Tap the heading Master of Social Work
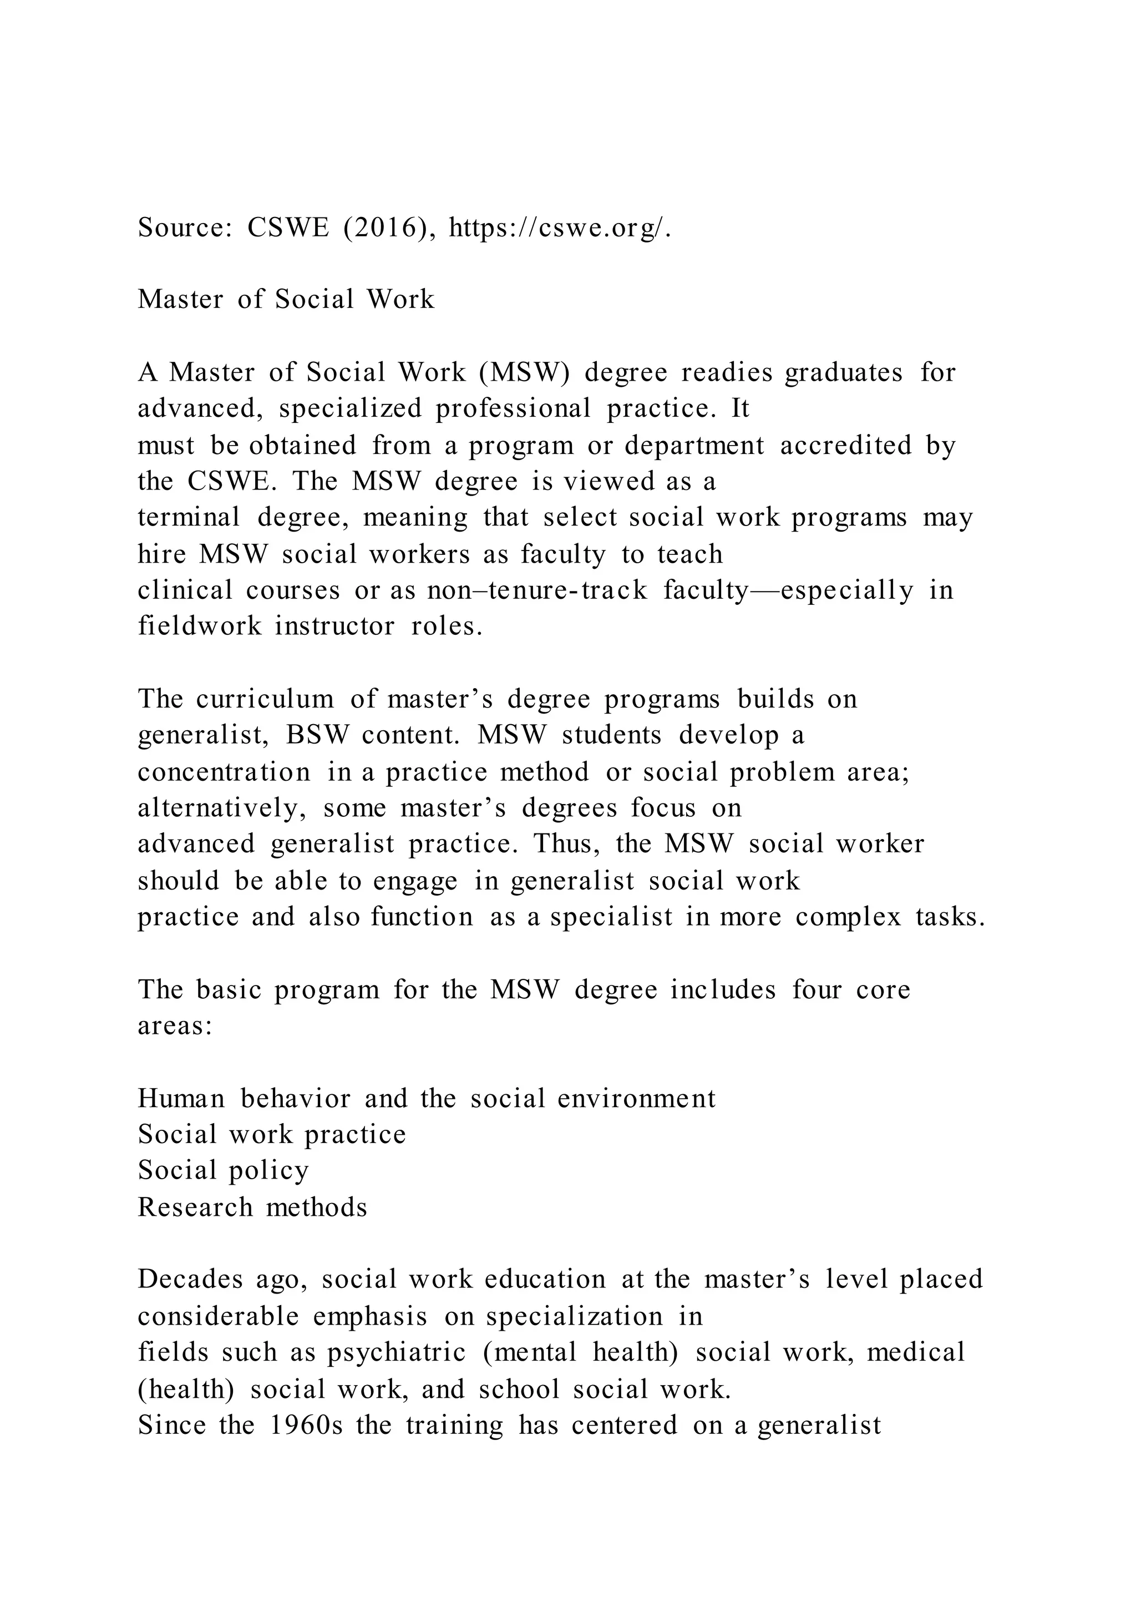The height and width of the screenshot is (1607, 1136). click(286, 300)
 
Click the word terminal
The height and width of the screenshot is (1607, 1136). click(189, 517)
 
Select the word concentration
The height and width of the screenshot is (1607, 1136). click(224, 771)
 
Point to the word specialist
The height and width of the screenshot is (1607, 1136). click(611, 916)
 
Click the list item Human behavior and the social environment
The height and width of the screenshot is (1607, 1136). click(426, 1098)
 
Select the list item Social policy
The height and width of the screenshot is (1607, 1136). click(223, 1171)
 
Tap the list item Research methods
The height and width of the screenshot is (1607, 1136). click(252, 1207)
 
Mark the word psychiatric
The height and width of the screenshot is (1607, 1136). click(396, 1352)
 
